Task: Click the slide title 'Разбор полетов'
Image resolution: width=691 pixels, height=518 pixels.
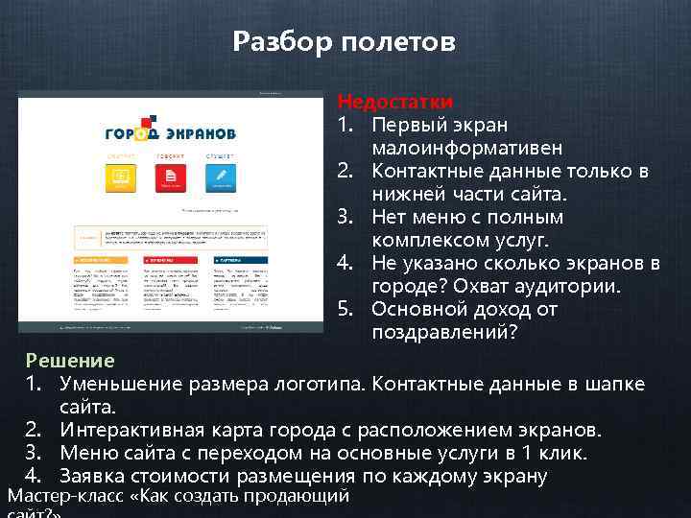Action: [x=345, y=42]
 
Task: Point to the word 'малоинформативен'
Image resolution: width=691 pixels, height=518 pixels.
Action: [x=455, y=149]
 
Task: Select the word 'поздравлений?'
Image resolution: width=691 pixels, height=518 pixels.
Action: [x=444, y=333]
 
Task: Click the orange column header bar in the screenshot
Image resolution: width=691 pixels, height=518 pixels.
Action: [x=104, y=259]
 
